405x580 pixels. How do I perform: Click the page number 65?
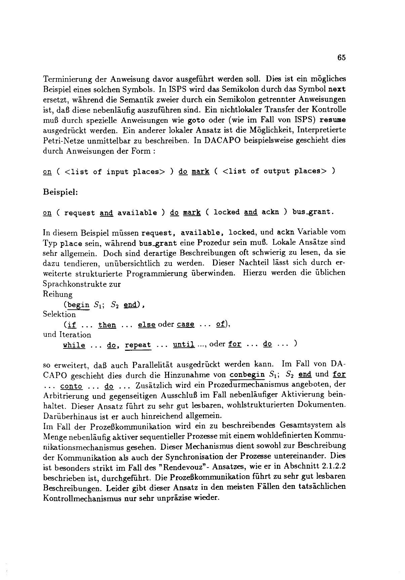[x=341, y=58]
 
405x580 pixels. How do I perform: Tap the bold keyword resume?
[x=333, y=120]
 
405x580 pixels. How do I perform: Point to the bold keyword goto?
[x=196, y=120]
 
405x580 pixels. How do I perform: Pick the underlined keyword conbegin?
[x=247, y=374]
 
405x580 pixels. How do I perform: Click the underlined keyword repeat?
[x=138, y=346]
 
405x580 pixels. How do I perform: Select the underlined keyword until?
[x=184, y=345]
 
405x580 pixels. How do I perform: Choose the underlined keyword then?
[x=107, y=325]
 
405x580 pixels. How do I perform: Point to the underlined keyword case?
[x=186, y=325]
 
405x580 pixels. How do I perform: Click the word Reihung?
[x=58, y=294]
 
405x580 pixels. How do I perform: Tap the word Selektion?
[x=59, y=314]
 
